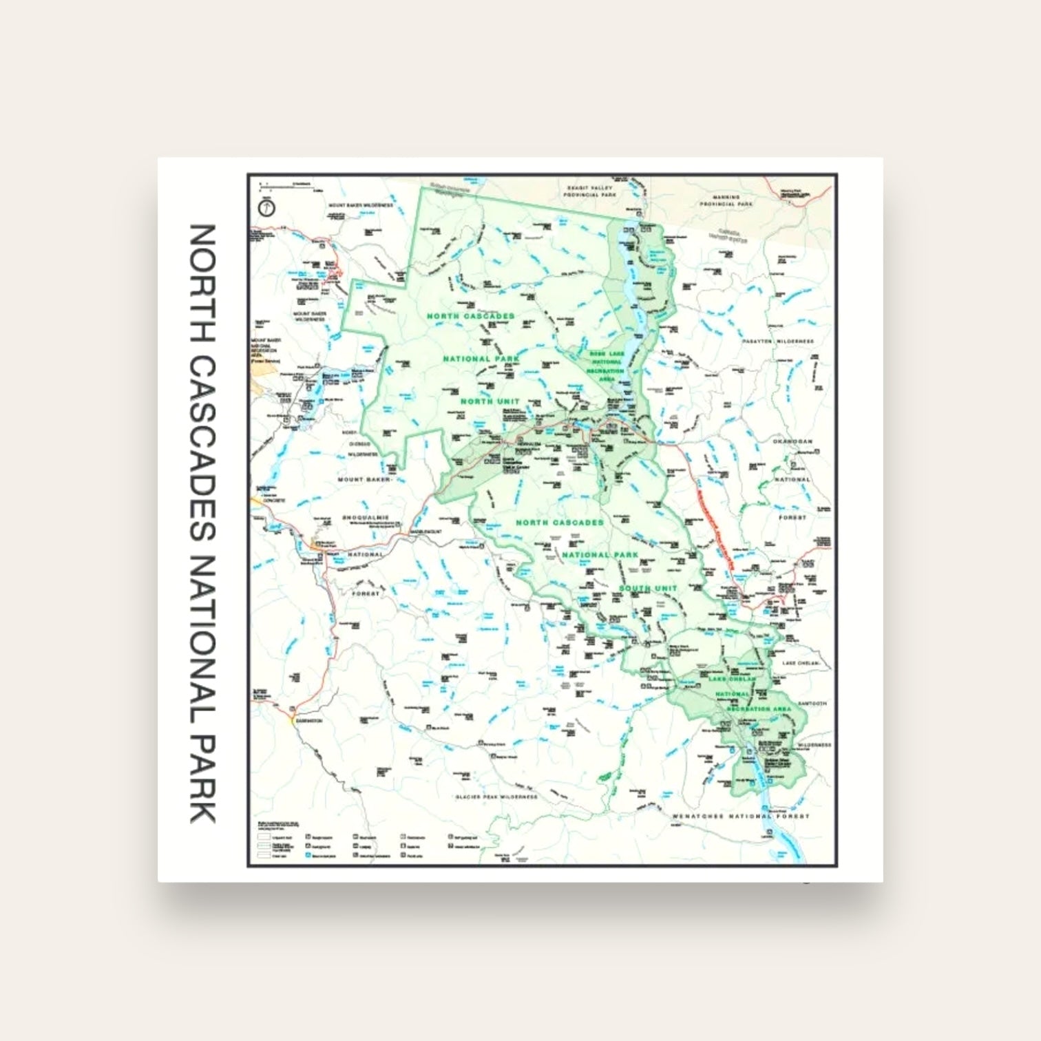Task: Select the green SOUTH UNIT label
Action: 648,588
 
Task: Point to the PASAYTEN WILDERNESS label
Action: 778,341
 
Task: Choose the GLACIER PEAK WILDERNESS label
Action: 496,797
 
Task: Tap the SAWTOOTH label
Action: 812,704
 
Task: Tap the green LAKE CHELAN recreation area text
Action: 732,679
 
